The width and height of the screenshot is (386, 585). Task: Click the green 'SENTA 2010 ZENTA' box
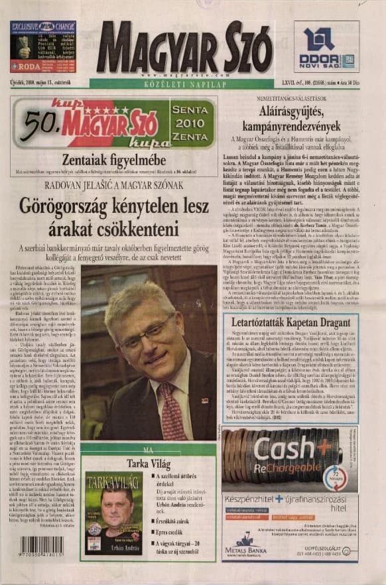coord(192,123)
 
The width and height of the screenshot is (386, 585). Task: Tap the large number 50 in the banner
coord(39,123)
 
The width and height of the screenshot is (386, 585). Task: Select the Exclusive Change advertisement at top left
coord(42,46)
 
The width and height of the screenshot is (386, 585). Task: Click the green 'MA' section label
coord(147,449)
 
